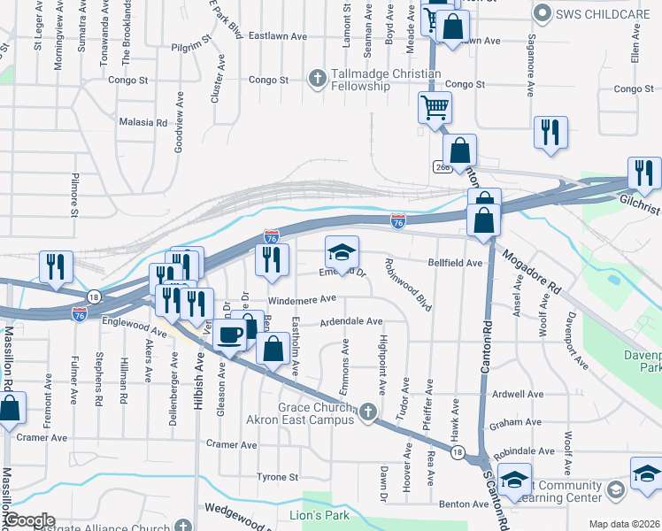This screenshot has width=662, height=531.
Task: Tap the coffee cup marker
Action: [230, 335]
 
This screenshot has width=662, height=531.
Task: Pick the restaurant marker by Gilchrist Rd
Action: [643, 173]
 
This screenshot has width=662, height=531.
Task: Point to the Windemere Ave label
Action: [302, 300]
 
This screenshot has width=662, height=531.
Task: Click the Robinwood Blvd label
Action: [406, 285]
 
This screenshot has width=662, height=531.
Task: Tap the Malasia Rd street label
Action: [142, 122]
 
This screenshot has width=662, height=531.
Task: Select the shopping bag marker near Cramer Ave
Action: [9, 411]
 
